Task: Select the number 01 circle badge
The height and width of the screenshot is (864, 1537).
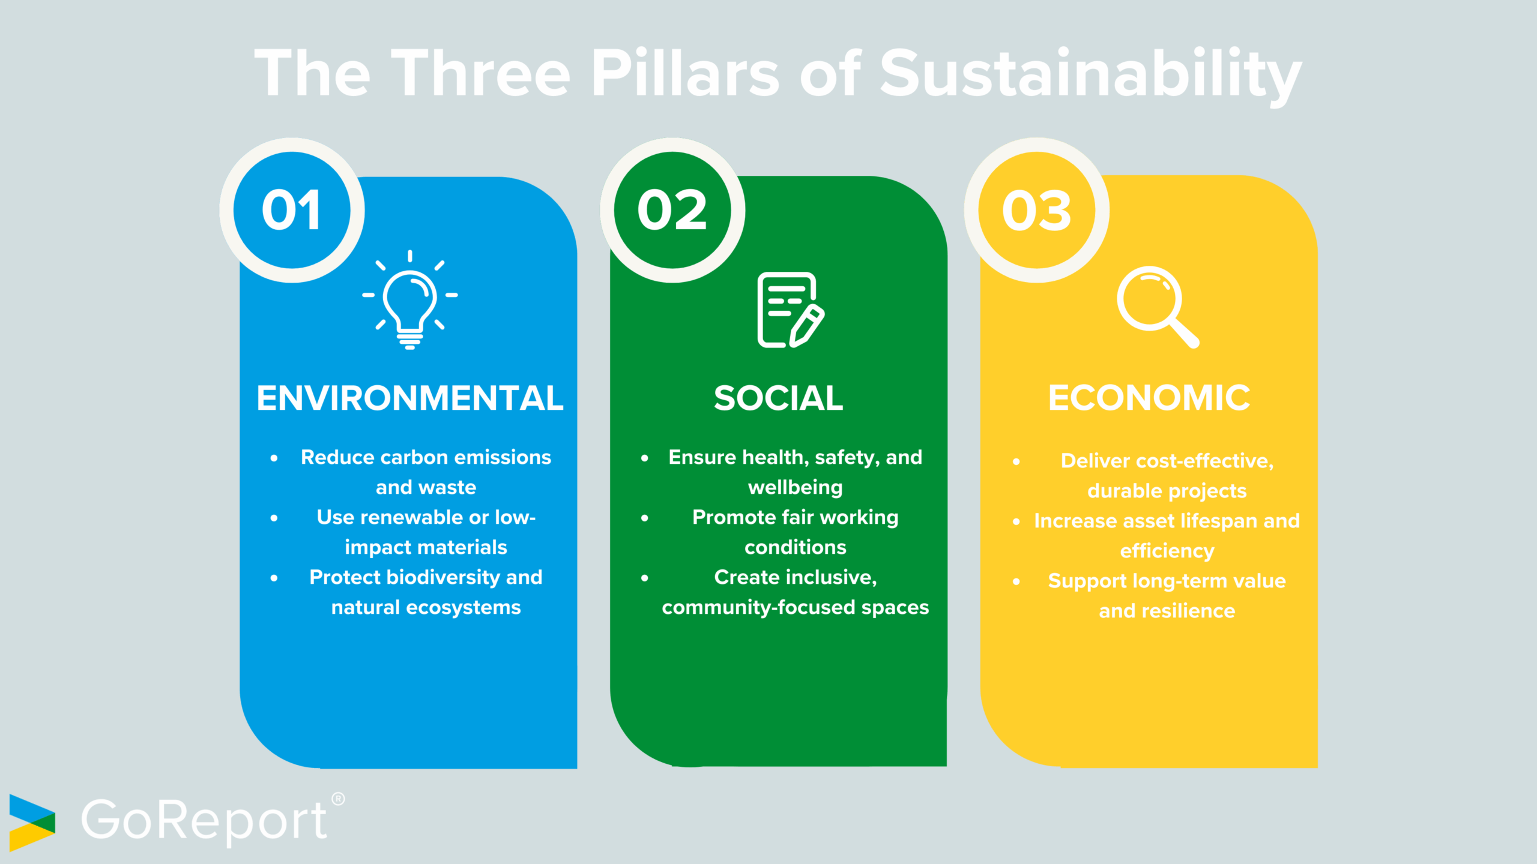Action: pos(292,210)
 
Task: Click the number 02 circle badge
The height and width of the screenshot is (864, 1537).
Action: pos(672,210)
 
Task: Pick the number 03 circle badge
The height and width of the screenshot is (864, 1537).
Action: pos(1037,210)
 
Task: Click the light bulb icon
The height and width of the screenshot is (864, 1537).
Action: pos(410,300)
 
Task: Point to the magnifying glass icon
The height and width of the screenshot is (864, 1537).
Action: pos(1156,306)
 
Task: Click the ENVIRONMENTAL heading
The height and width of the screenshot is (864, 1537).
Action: pos(410,398)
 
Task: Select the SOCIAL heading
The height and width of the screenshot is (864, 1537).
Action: pos(778,398)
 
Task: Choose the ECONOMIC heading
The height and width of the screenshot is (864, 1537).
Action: pos(1149,398)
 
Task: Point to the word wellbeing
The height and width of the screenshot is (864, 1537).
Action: pos(795,487)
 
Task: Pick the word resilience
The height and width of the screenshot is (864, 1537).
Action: pos(1188,611)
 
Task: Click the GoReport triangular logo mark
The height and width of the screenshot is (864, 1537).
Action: pos(32,823)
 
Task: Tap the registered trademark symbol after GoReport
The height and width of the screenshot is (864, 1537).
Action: pos(338,799)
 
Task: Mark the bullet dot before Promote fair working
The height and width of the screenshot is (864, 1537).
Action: pos(644,518)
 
